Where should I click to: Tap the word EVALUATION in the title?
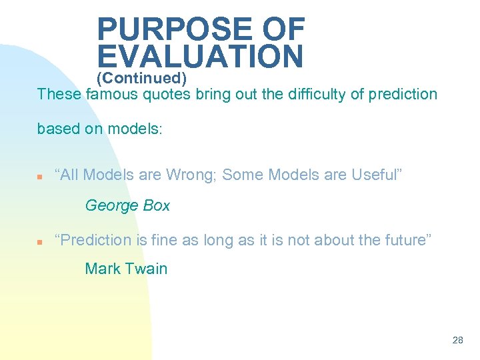[200, 57]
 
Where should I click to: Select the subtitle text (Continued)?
[141, 79]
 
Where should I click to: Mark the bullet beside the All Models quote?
[40, 177]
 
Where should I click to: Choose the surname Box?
[157, 206]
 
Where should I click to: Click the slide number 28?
[457, 340]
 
